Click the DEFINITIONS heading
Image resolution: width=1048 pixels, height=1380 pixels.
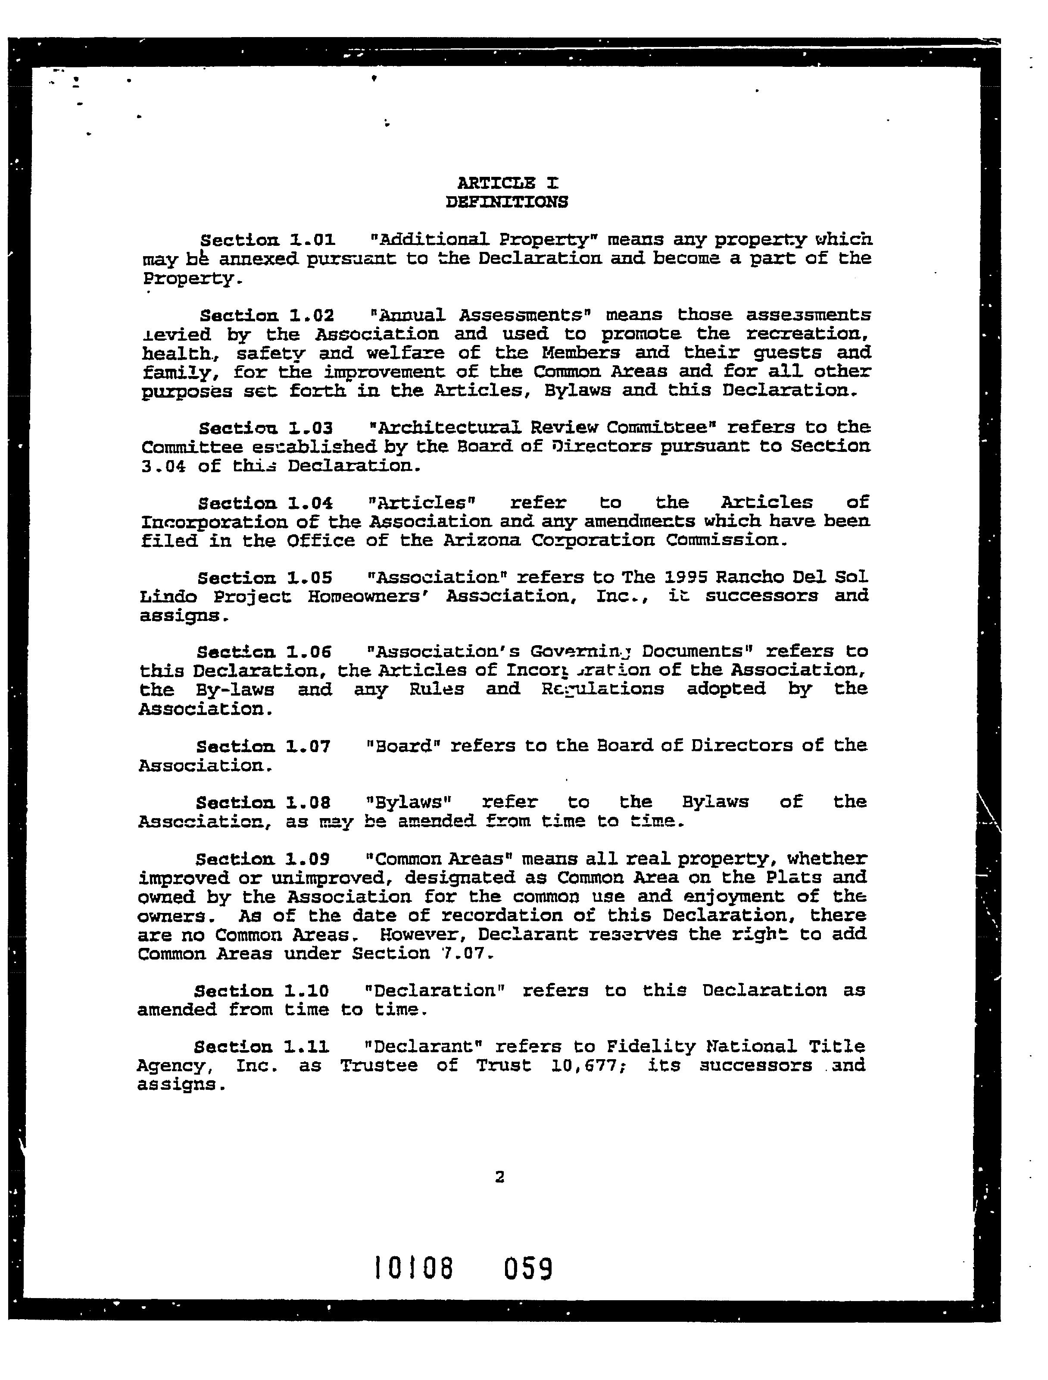point(507,202)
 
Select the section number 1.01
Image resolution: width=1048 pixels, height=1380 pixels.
point(312,240)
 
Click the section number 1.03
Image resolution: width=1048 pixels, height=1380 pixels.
point(310,428)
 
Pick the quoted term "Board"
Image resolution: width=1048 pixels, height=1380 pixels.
point(399,746)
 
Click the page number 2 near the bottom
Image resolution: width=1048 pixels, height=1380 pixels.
point(499,1177)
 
